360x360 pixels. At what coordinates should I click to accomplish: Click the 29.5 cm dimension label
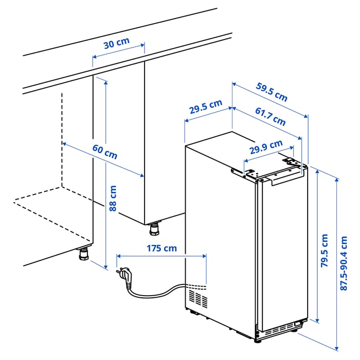205,109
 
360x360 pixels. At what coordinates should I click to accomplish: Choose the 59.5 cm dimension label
272,92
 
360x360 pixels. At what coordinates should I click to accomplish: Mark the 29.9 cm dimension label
266,147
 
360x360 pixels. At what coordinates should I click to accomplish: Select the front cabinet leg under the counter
83,254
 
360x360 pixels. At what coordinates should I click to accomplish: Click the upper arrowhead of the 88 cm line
106,81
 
